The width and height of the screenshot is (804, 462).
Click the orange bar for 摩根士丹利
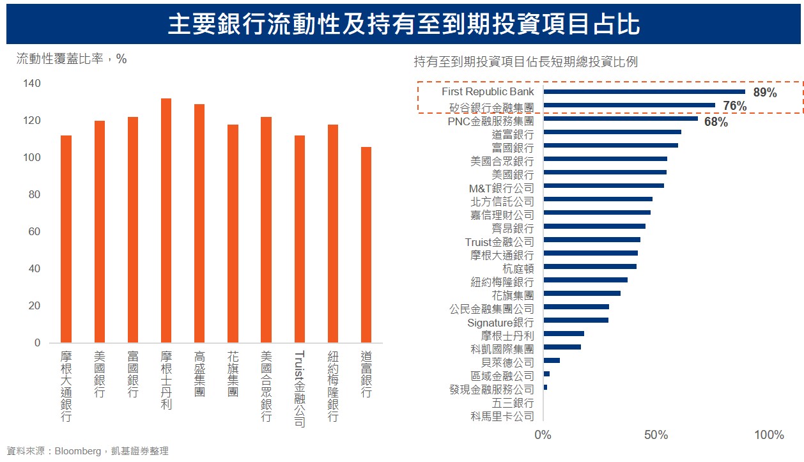166,220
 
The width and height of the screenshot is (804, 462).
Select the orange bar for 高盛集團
199,223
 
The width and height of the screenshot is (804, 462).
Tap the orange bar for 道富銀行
366,245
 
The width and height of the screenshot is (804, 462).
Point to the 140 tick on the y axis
32,83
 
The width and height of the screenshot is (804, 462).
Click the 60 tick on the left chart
35,231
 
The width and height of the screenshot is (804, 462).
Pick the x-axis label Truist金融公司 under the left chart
300,389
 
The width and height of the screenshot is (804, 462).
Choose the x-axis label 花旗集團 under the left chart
233,373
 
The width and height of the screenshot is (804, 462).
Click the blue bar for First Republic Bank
644,91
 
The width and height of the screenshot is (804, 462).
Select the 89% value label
765,93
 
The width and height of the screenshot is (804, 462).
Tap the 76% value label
735,106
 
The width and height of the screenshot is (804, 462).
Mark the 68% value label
716,122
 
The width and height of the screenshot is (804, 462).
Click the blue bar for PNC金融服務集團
621,118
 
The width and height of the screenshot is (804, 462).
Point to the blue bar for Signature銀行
576,320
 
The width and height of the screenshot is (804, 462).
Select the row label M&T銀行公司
502,188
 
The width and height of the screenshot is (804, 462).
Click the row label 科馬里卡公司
502,417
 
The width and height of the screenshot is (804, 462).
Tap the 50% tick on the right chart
656,435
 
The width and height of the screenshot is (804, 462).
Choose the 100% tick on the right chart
769,435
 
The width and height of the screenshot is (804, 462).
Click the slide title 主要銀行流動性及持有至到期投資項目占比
404,24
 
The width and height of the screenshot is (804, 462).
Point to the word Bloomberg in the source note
78,451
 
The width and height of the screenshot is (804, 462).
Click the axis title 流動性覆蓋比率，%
72,59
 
